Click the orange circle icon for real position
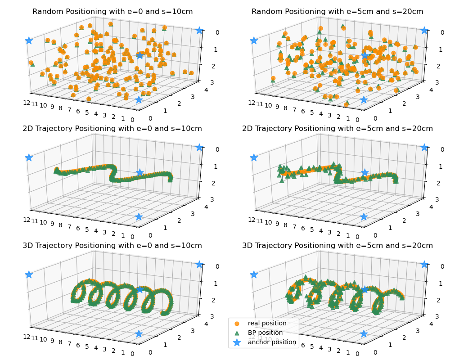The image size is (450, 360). point(237,323)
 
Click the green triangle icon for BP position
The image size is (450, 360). point(237,333)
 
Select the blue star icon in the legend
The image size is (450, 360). point(237,342)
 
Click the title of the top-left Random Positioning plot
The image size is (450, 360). point(112,12)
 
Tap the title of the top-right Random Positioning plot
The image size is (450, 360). point(337,12)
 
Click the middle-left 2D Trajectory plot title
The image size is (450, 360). point(112,129)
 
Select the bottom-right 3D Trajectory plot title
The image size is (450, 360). point(337,246)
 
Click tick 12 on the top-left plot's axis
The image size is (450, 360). point(27,103)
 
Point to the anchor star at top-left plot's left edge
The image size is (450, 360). point(29,40)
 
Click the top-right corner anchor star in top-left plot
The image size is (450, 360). point(199,30)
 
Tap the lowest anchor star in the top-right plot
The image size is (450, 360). point(364,99)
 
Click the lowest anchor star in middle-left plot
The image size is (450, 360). point(139,217)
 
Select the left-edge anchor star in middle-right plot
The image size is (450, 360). point(254,157)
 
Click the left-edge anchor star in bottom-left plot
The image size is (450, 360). point(29,274)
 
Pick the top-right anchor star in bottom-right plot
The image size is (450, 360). point(424,264)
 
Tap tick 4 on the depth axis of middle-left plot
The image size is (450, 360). point(207,207)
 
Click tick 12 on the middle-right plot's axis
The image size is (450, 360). point(252,220)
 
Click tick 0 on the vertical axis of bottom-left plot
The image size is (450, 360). point(205,266)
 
